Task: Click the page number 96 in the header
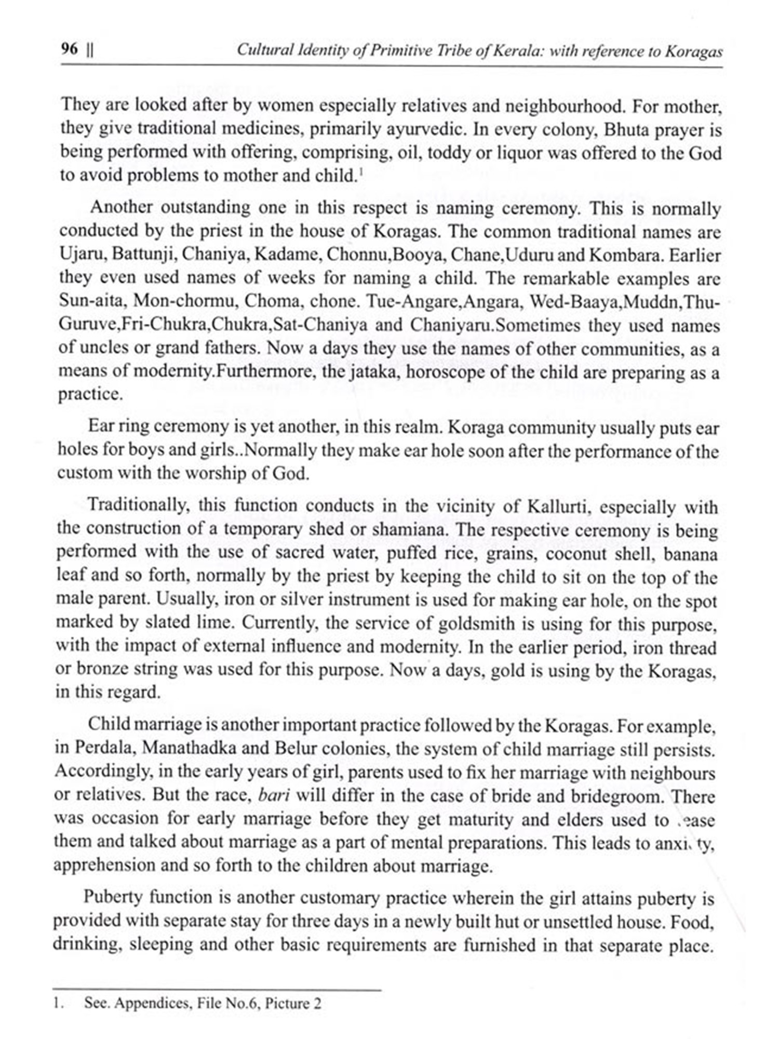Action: coord(70,49)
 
